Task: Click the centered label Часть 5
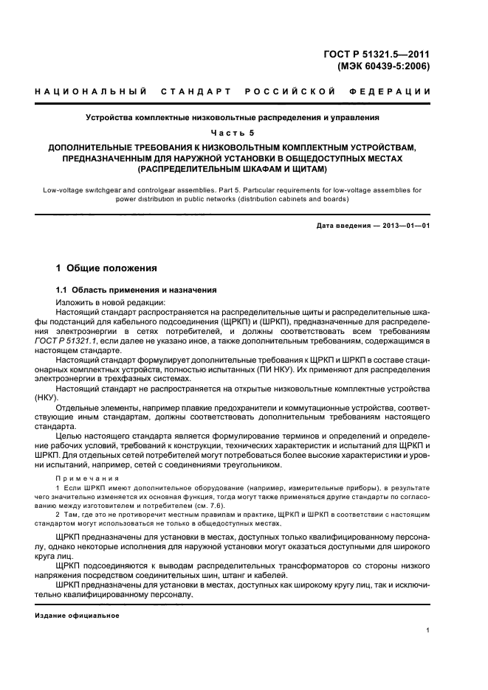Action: (232, 132)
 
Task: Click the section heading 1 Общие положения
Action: (106, 268)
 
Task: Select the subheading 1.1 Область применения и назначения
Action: (137, 290)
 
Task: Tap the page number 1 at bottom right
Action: (428, 630)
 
